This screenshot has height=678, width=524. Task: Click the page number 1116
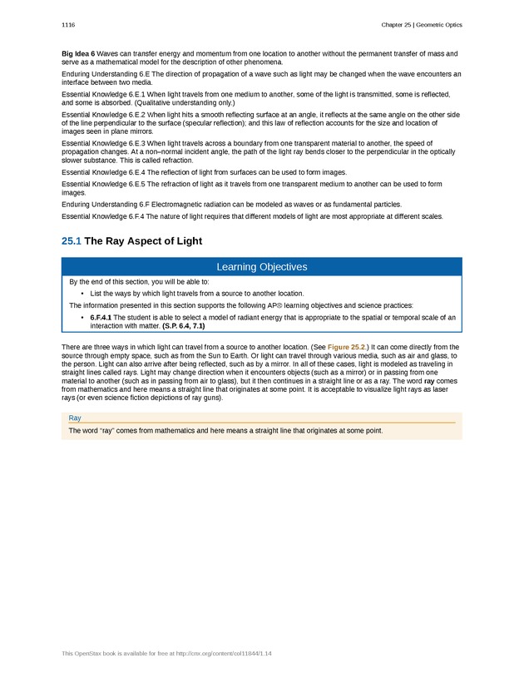pyautogui.click(x=68, y=25)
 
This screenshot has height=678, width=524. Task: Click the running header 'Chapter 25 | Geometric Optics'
pyautogui.click(x=421, y=25)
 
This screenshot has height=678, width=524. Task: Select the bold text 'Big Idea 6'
pyautogui.click(x=78, y=54)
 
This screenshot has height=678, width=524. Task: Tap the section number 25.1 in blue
pyautogui.click(x=72, y=241)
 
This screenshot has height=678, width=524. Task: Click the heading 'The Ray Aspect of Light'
pyautogui.click(x=143, y=241)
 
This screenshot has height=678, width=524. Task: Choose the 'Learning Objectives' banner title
pyautogui.click(x=261, y=267)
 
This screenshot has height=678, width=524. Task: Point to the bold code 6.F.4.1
pyautogui.click(x=101, y=317)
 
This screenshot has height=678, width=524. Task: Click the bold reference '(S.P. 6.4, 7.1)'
pyautogui.click(x=184, y=325)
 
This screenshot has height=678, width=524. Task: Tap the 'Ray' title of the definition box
pyautogui.click(x=75, y=418)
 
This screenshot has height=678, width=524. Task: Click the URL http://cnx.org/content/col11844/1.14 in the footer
pyautogui.click(x=223, y=654)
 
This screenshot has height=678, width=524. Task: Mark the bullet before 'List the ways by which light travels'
pyautogui.click(x=82, y=294)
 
